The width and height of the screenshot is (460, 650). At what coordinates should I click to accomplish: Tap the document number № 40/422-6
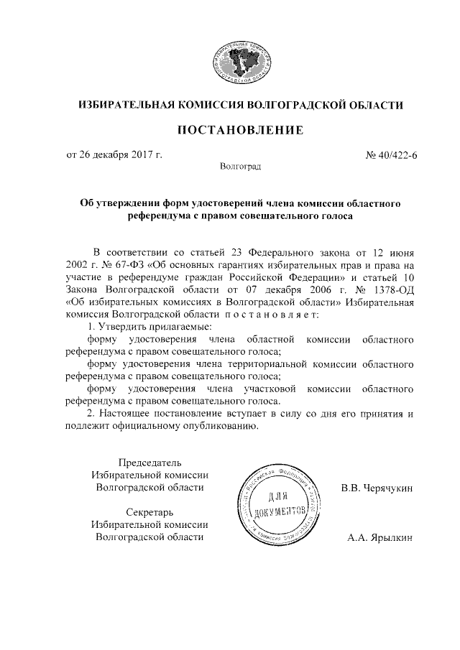click(x=391, y=154)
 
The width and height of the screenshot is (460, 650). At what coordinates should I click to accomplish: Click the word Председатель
click(x=149, y=461)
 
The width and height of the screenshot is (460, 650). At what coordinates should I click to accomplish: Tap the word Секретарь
click(x=149, y=511)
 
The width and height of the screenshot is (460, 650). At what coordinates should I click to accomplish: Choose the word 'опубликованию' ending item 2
click(x=214, y=427)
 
